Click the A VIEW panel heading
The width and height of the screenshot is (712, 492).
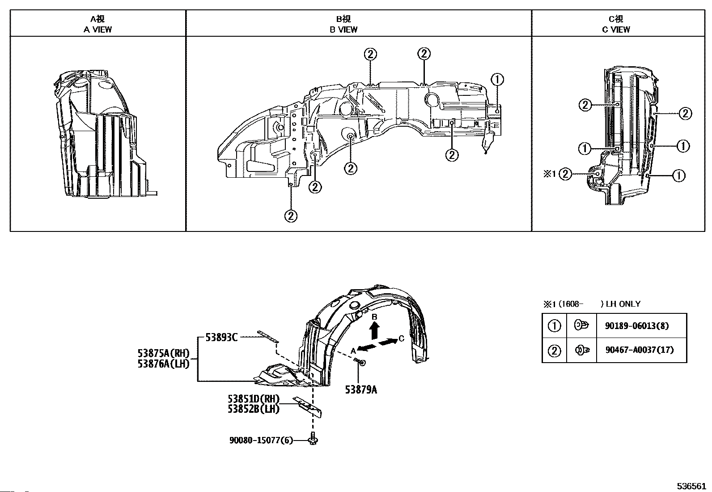(97, 24)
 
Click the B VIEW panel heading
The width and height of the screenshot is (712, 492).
(343, 24)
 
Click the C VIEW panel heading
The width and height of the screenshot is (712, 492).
(616, 24)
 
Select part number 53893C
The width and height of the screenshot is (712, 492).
(221, 337)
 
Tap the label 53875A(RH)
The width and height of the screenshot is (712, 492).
(163, 353)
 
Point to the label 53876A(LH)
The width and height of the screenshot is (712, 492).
(163, 364)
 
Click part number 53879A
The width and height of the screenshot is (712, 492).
(361, 389)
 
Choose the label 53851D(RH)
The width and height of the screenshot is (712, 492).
(254, 398)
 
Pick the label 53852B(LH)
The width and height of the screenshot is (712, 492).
(254, 409)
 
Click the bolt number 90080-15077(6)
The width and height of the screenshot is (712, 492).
(261, 440)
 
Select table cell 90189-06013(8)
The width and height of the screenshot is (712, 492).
(637, 325)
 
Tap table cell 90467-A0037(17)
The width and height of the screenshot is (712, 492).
(640, 350)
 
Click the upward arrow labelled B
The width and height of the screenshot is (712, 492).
(375, 330)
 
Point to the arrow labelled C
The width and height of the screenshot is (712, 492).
(388, 342)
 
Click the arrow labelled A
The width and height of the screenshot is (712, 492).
(367, 347)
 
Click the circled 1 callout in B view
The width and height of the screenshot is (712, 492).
(497, 79)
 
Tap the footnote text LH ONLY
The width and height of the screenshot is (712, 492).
(623, 304)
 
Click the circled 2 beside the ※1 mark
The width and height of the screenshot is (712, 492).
(565, 174)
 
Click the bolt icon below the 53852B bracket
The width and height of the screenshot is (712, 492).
(313, 439)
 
